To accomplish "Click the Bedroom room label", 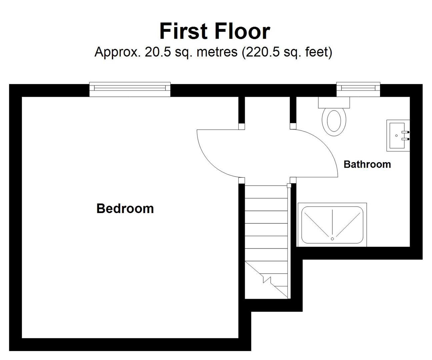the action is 125,209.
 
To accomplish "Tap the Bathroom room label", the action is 367,164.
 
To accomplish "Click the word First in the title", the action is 183,31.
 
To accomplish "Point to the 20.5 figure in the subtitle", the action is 158,52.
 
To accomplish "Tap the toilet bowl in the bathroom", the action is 334,122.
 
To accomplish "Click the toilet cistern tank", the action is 334,102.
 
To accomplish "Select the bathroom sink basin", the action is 398,136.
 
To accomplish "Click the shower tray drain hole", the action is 332,239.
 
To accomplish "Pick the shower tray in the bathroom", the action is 332,225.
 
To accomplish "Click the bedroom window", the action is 130,89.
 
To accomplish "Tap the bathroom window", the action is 358,89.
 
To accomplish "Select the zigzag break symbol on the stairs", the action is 267,279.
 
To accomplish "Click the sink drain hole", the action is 396,136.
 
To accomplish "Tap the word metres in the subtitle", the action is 217,52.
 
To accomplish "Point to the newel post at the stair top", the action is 289,186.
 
